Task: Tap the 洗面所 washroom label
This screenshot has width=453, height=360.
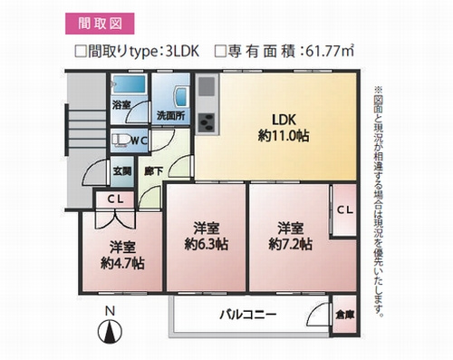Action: (170, 116)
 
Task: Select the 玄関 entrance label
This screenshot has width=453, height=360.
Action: (121, 170)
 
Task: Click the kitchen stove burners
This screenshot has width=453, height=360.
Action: (207, 122)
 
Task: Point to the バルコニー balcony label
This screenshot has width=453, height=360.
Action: (246, 315)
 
